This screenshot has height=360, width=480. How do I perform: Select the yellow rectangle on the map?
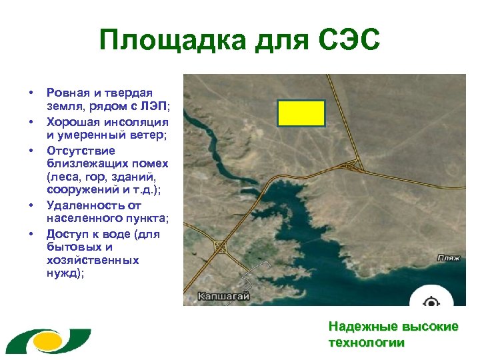click(x=301, y=113)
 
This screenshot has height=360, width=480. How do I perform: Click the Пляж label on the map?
click(x=448, y=257)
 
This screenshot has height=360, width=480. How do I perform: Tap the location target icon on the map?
click(x=431, y=302)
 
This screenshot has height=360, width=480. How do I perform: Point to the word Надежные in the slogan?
click(x=363, y=327)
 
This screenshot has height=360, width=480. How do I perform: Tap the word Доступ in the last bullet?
click(x=67, y=234)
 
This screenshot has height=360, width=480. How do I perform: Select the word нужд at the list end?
click(x=63, y=272)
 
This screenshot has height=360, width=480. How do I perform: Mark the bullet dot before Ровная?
click(x=31, y=93)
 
